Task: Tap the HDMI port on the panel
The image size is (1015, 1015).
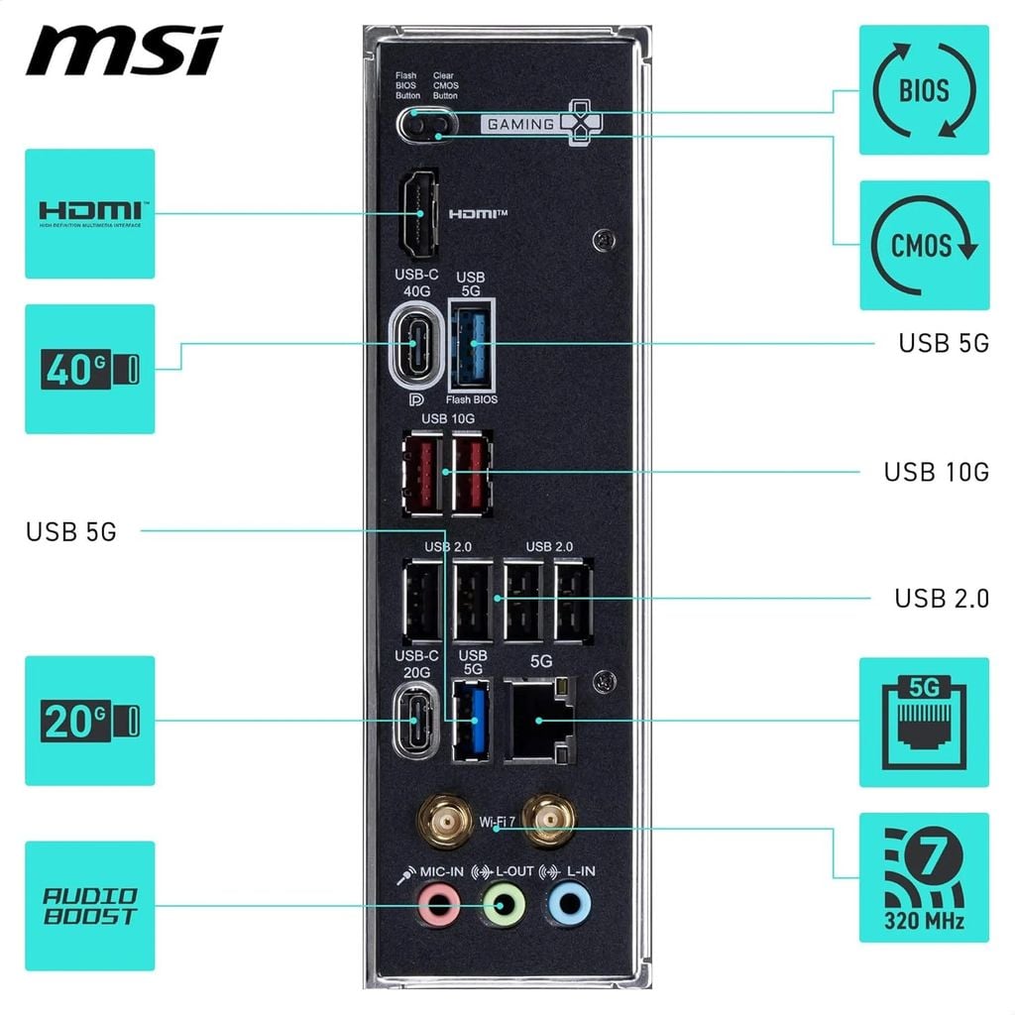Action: pos(420,214)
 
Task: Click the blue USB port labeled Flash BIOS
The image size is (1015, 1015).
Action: pos(473,344)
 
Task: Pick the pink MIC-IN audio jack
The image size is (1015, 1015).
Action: pos(438,904)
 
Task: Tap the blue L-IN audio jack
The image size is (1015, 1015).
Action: pos(569,904)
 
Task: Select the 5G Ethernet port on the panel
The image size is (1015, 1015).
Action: pos(539,721)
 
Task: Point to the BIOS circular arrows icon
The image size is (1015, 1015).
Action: pos(923,90)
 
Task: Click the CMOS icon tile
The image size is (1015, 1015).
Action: pos(923,245)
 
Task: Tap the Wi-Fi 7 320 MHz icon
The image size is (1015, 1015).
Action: pos(923,877)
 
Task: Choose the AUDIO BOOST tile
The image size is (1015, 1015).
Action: pos(89,905)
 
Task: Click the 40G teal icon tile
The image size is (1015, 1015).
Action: pos(89,369)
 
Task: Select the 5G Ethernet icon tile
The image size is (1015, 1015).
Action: pos(923,721)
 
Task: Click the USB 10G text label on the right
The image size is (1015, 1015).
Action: pos(936,472)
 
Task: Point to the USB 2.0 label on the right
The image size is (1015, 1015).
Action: pos(941,599)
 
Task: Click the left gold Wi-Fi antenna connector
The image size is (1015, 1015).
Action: pos(444,821)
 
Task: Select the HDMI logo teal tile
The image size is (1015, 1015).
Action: pos(89,213)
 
